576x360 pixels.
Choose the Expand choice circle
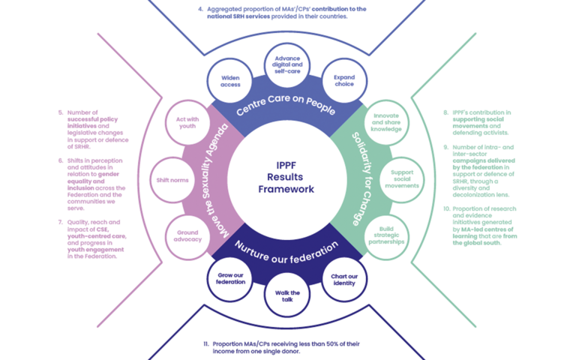(343, 80)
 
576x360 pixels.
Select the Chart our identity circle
(343, 280)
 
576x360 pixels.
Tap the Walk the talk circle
(287, 295)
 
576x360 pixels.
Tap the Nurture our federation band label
(287, 250)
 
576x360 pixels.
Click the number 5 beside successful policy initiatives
(61, 112)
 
